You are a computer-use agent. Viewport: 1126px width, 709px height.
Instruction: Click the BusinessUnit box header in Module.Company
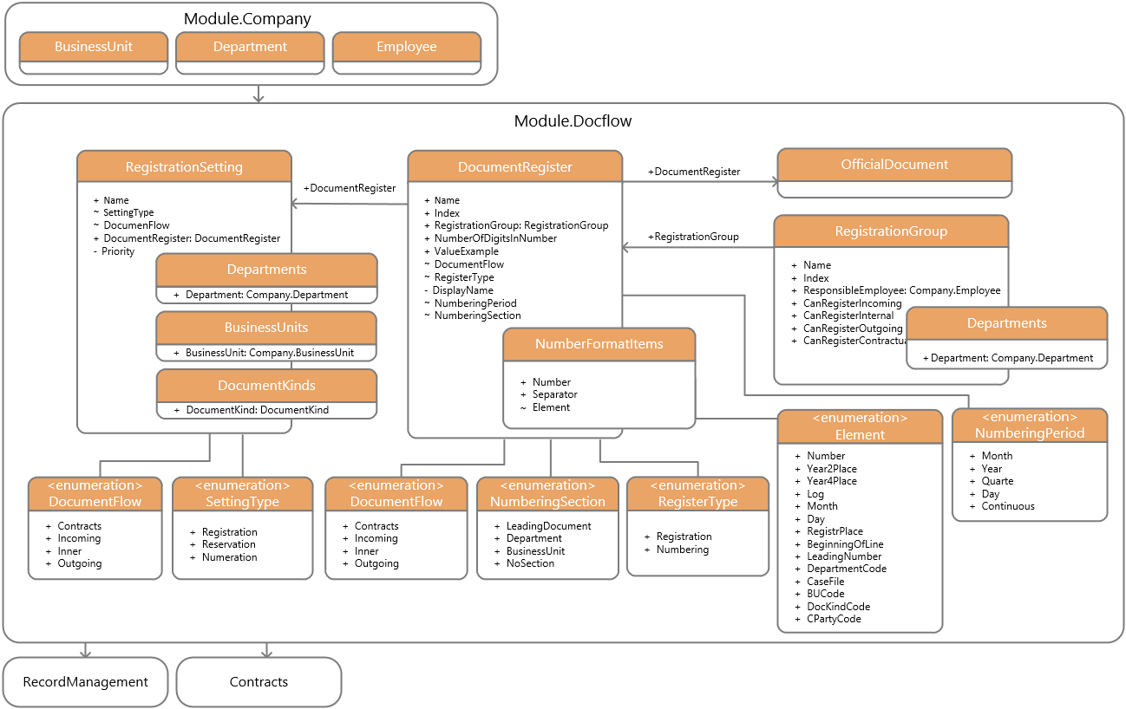coord(94,47)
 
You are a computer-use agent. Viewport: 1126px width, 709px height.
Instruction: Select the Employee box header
coord(407,47)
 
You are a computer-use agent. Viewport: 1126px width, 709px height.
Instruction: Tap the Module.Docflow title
coord(573,121)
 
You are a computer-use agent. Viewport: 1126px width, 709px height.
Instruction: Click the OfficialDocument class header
coord(894,165)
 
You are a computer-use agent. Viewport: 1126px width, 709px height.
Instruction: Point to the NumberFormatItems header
coord(599,344)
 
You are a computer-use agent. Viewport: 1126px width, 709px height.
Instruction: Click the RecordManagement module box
coord(86,682)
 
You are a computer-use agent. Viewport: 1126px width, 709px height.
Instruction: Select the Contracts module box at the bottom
coord(259,682)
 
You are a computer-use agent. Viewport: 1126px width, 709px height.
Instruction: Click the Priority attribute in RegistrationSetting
coord(118,251)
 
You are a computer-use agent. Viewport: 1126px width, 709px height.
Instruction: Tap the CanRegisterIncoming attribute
coord(852,303)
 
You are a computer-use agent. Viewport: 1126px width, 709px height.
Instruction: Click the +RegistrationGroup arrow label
coord(693,237)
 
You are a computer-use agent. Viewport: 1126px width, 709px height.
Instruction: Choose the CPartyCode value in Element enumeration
coord(834,619)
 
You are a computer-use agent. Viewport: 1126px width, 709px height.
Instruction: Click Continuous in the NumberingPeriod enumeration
coord(1007,506)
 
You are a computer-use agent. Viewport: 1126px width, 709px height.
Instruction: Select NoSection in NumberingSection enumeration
coord(530,563)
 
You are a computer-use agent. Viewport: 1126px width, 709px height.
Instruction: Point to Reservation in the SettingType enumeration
coord(228,544)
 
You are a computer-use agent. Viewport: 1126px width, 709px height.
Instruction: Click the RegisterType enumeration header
coord(697,493)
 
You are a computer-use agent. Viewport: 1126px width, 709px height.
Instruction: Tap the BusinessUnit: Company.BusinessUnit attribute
coord(270,353)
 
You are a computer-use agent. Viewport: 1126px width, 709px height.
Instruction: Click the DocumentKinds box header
coord(266,386)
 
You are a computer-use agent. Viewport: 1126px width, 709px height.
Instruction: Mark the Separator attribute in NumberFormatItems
coord(554,394)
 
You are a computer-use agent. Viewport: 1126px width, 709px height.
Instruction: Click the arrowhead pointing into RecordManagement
coord(86,654)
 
